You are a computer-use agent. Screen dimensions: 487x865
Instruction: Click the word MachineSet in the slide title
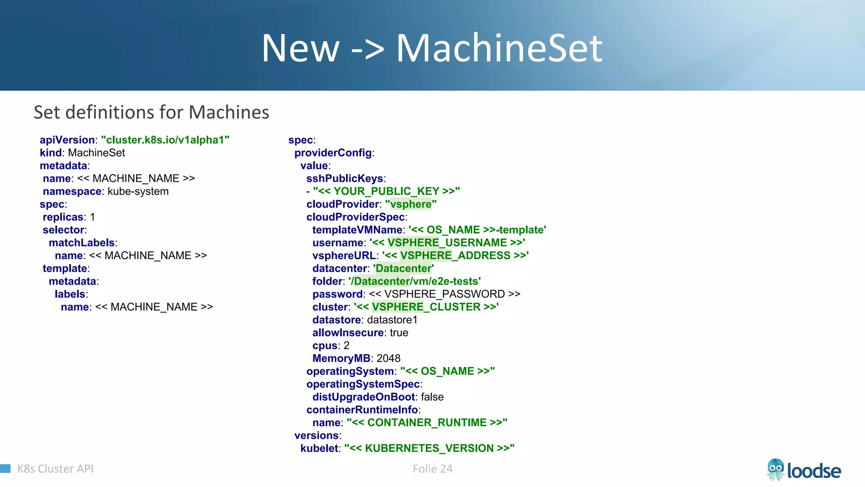[x=499, y=49]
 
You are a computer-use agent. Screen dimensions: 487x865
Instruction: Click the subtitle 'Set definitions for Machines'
[x=151, y=112]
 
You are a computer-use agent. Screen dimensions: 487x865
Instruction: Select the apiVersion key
[x=67, y=140]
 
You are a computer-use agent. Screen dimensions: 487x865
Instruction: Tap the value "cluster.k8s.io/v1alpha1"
[x=165, y=140]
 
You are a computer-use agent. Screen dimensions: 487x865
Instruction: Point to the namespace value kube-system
[x=138, y=192]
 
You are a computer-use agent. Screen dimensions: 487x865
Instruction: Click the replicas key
[x=63, y=217]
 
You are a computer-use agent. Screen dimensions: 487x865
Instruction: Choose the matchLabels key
[x=82, y=243]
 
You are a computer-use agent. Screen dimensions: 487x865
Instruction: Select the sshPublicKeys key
[x=345, y=178]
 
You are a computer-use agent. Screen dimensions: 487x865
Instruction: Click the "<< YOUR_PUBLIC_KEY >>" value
[x=386, y=192]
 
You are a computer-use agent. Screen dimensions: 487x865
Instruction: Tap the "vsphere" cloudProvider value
[x=411, y=204]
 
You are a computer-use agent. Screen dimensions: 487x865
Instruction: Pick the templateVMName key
[x=357, y=230]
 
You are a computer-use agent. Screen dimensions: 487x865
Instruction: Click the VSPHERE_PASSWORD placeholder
[x=444, y=294]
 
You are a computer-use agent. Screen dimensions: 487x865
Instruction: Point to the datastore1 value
[x=392, y=320]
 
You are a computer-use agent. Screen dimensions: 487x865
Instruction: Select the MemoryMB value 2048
[x=388, y=358]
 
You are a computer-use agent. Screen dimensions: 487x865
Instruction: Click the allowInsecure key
[x=348, y=333]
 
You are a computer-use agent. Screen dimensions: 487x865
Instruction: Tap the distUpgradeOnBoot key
[x=363, y=397]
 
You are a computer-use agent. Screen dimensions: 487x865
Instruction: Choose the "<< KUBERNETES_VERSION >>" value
[x=429, y=448]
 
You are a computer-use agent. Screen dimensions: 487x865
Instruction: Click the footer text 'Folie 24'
[x=432, y=469]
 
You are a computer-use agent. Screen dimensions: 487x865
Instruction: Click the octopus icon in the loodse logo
[x=775, y=470]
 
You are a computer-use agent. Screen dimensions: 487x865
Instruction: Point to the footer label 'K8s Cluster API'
[x=55, y=469]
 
